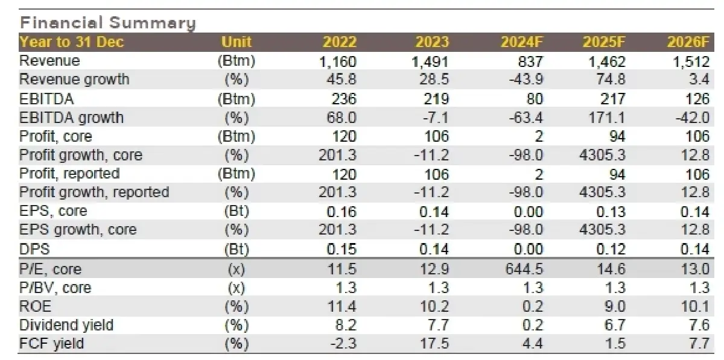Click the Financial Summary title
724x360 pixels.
click(x=108, y=23)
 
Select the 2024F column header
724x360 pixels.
click(x=522, y=42)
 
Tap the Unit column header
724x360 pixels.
click(x=236, y=42)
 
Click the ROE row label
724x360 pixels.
click(x=36, y=307)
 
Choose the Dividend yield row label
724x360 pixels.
click(x=66, y=326)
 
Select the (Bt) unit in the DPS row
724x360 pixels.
click(x=236, y=250)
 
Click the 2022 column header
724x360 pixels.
click(x=340, y=42)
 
